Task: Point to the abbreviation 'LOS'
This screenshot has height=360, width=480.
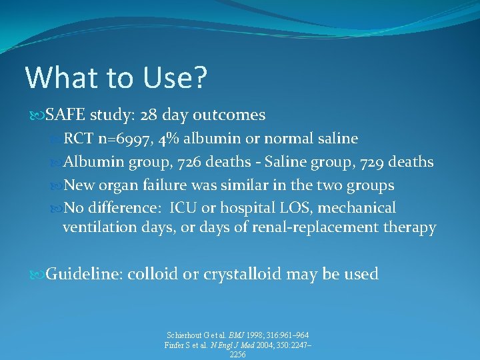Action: [x=272, y=208]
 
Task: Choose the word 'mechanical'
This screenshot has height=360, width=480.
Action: [x=357, y=208]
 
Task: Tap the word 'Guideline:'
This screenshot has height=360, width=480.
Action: [x=84, y=274]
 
